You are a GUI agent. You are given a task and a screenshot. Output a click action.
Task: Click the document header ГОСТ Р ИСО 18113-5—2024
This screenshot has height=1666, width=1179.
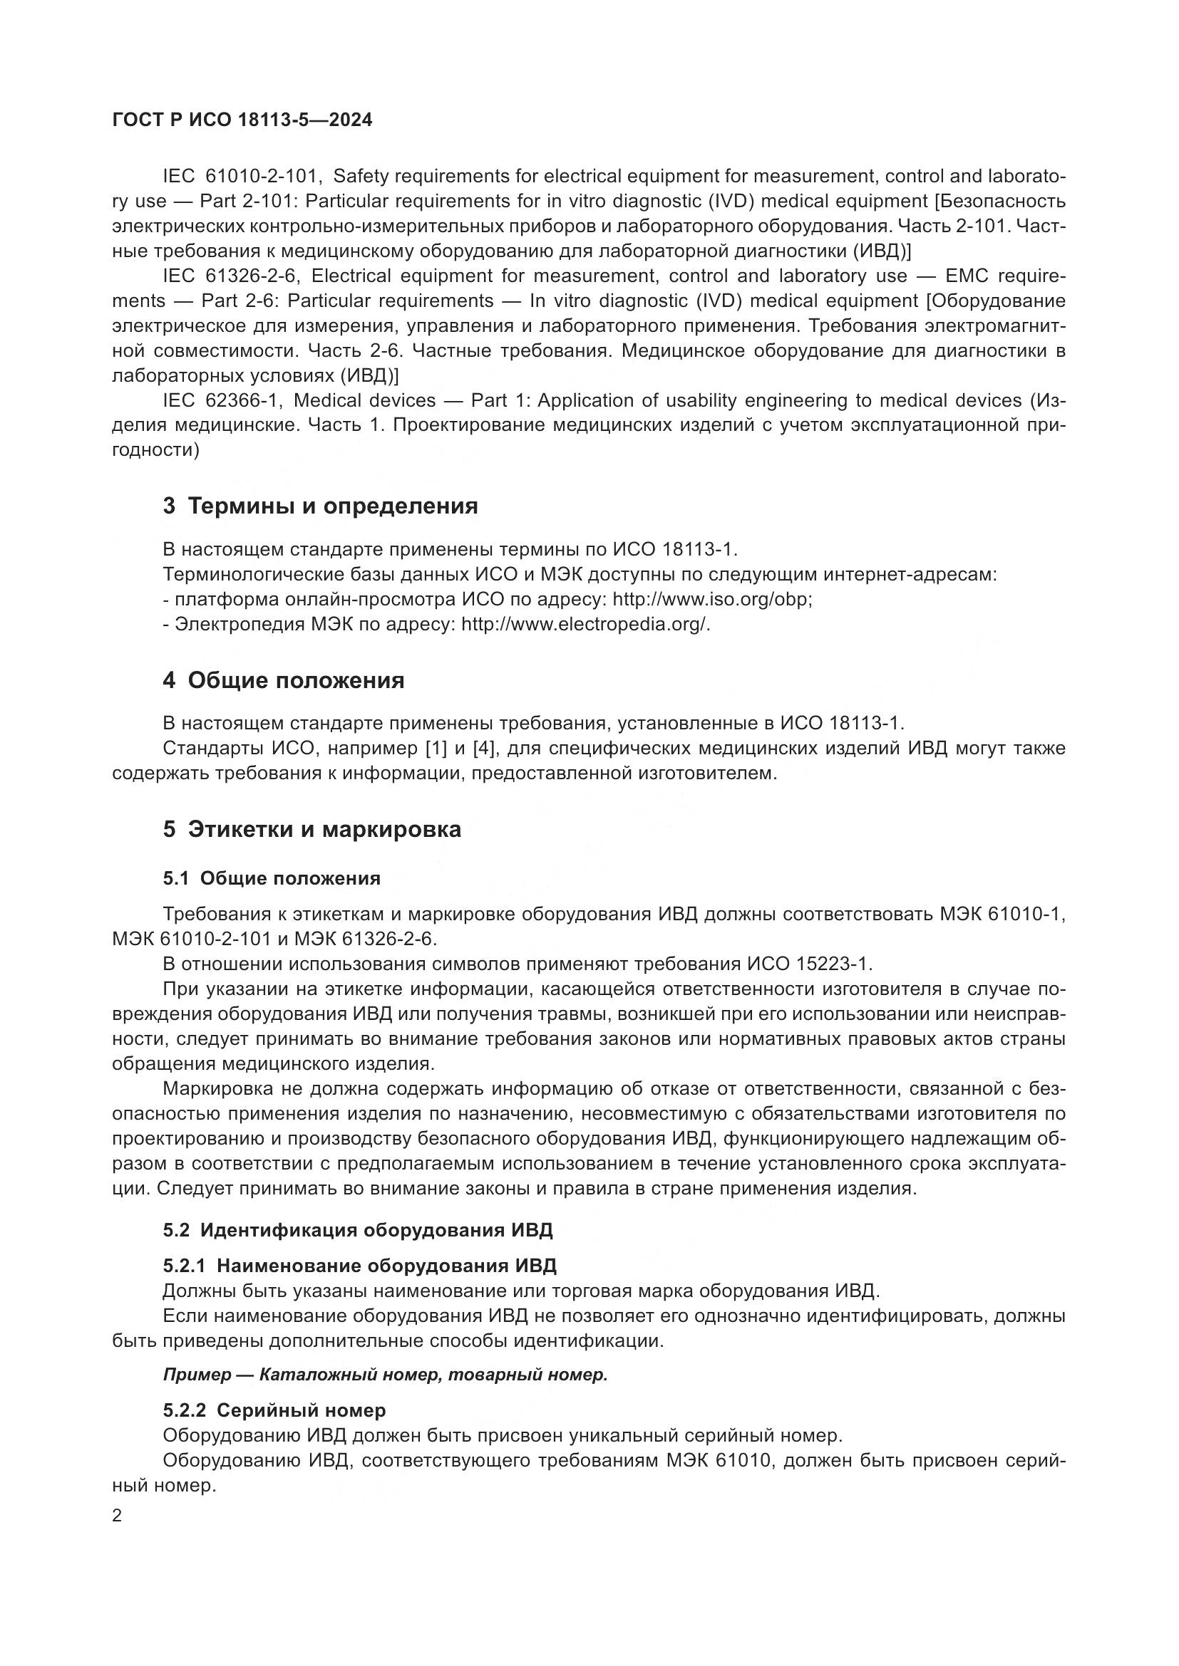[242, 120]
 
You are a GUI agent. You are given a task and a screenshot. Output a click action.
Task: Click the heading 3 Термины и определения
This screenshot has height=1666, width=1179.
[320, 506]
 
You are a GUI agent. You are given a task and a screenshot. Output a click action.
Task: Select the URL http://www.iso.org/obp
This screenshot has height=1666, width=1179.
[711, 600]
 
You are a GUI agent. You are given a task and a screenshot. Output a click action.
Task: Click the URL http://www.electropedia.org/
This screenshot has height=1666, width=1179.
[585, 625]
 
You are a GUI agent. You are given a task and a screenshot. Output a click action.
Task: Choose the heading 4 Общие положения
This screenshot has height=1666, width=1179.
[283, 681]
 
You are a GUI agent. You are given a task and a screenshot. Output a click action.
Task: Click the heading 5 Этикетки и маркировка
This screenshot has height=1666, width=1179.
[312, 829]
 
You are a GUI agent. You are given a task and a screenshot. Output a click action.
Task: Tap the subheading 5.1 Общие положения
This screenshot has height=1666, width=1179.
[272, 879]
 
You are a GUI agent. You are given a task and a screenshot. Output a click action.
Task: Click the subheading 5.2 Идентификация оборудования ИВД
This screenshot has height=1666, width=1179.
[358, 1230]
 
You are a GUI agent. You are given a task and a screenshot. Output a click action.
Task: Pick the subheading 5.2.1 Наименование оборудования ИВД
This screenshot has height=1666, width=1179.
[359, 1266]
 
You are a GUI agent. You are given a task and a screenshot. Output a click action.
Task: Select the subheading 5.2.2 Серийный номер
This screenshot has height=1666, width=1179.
[274, 1410]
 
